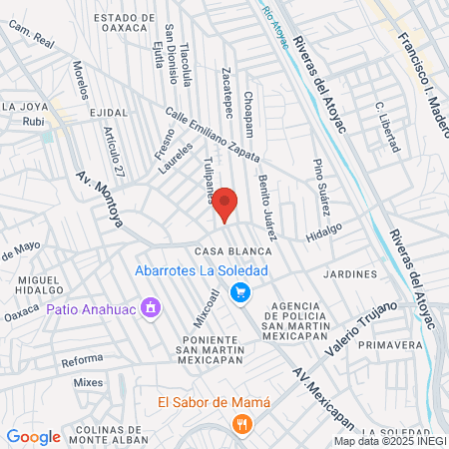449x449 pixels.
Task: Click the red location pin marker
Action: (224, 205)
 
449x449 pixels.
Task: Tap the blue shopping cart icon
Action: (239, 292)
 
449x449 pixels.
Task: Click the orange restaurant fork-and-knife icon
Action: (239, 424)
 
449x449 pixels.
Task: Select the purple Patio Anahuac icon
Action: (151, 307)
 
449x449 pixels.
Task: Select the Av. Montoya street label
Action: (99, 199)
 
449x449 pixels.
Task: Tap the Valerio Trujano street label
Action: (363, 322)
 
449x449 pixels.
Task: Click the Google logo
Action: (33, 436)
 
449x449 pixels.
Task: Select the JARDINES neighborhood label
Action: (350, 273)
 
